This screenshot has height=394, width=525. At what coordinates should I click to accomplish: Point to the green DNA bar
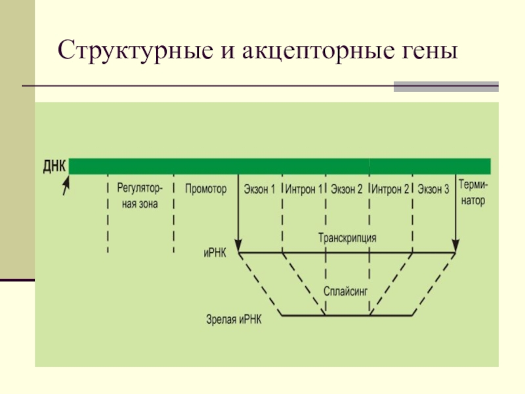(x=280, y=165)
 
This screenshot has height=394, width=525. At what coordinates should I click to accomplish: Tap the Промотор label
(x=205, y=189)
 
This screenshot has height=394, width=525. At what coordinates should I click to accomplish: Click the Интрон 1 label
(x=304, y=189)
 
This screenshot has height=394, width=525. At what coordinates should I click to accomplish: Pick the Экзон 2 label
(x=346, y=189)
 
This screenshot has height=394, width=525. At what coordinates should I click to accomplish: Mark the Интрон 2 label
(x=390, y=189)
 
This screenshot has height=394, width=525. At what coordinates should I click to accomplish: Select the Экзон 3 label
(x=433, y=189)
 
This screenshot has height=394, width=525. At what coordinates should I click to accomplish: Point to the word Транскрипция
(x=347, y=238)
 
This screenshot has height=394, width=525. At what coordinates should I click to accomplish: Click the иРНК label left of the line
(x=215, y=252)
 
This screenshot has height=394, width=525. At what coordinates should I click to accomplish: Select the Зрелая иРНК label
(x=233, y=320)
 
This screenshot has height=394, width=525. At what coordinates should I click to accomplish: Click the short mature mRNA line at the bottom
(x=347, y=316)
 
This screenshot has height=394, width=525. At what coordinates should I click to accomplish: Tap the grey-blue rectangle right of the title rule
(x=446, y=86)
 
